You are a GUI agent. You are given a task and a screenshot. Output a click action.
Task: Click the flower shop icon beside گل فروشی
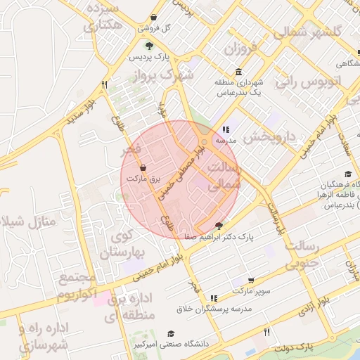point(153,17)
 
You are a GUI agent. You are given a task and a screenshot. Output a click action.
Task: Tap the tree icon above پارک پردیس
point(148,44)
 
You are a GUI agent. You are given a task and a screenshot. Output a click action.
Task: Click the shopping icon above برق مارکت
point(143,168)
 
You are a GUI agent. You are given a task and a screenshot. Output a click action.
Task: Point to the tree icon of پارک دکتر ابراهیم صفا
point(219,226)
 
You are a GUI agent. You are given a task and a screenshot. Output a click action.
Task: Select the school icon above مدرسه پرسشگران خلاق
point(214,298)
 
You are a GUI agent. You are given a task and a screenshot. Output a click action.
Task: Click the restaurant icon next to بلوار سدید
point(105,84)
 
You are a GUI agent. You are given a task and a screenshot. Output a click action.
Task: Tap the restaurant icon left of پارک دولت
point(266,333)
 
